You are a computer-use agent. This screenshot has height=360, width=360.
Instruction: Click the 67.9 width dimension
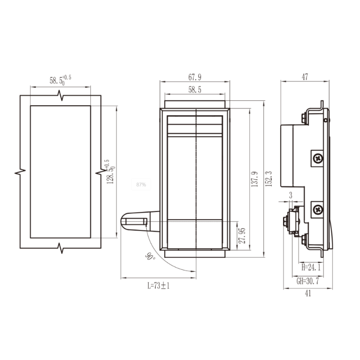pyautogui.click(x=195, y=77)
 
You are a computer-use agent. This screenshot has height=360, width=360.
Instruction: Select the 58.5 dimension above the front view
pyautogui.click(x=195, y=90)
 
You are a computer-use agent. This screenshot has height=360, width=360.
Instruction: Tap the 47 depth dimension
pyautogui.click(x=305, y=77)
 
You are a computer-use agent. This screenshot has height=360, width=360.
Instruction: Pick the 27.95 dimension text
pyautogui.click(x=242, y=235)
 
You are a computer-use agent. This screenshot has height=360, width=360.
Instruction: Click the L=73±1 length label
pyautogui.click(x=158, y=285)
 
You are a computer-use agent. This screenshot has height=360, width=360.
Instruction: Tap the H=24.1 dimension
pyautogui.click(x=310, y=267)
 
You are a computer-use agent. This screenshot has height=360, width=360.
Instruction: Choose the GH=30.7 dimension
pyautogui.click(x=308, y=281)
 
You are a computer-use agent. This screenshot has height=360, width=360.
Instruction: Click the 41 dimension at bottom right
pyautogui.click(x=308, y=293)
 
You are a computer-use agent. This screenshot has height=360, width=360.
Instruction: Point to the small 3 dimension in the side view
pyautogui.click(x=291, y=195)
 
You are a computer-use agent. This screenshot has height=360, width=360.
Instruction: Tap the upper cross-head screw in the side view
pyautogui.click(x=318, y=158)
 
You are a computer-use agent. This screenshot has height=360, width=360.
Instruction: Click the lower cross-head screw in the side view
pyautogui.click(x=318, y=209)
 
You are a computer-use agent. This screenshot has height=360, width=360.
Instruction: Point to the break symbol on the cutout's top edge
pyautogui.click(x=60, y=95)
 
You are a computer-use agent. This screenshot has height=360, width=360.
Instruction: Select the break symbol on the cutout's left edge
pyautogui.click(x=21, y=171)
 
